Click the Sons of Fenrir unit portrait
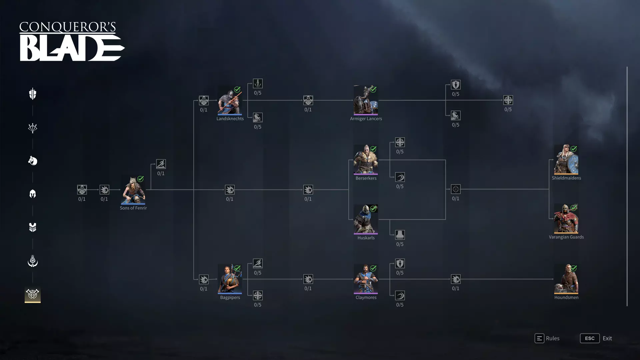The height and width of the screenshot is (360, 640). click(133, 190)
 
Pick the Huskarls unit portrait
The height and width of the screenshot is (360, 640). click(366, 219)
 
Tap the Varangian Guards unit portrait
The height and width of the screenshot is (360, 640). click(566, 219)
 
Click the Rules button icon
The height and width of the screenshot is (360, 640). click(539, 338)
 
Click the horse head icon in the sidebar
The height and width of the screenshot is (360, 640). click(33, 161)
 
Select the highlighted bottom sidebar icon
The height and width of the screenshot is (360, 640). click(33, 294)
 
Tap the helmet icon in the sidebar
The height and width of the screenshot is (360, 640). click(33, 194)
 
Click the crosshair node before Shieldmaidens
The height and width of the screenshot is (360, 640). click(456, 189)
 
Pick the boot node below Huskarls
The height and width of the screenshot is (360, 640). click(400, 235)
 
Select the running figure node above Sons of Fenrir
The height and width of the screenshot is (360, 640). click(161, 164)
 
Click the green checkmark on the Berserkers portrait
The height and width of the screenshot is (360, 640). click(373, 149)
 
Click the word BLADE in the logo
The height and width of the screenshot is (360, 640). click(72, 48)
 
